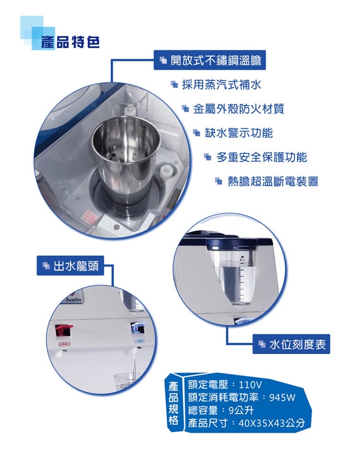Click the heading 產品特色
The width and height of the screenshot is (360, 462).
[x=70, y=43]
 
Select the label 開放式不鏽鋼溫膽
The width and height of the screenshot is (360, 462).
[x=210, y=60]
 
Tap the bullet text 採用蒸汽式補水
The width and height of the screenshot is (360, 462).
[x=222, y=85]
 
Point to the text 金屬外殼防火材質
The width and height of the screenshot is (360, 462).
[x=239, y=109]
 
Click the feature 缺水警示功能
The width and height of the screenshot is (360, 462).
[x=239, y=133]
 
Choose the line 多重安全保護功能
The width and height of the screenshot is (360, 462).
[x=261, y=157]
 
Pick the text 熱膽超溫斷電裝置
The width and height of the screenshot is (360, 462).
[x=273, y=181]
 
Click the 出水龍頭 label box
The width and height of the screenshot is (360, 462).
[x=70, y=266]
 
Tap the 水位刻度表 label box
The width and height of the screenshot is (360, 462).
[x=291, y=344]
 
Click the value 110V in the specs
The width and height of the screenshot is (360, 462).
[x=250, y=385]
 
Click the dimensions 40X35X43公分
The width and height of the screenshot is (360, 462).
[x=271, y=423]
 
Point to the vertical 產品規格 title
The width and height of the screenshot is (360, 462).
[x=173, y=403]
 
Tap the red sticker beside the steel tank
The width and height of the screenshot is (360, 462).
[x=90, y=217]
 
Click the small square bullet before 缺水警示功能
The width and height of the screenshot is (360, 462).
[x=197, y=133]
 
